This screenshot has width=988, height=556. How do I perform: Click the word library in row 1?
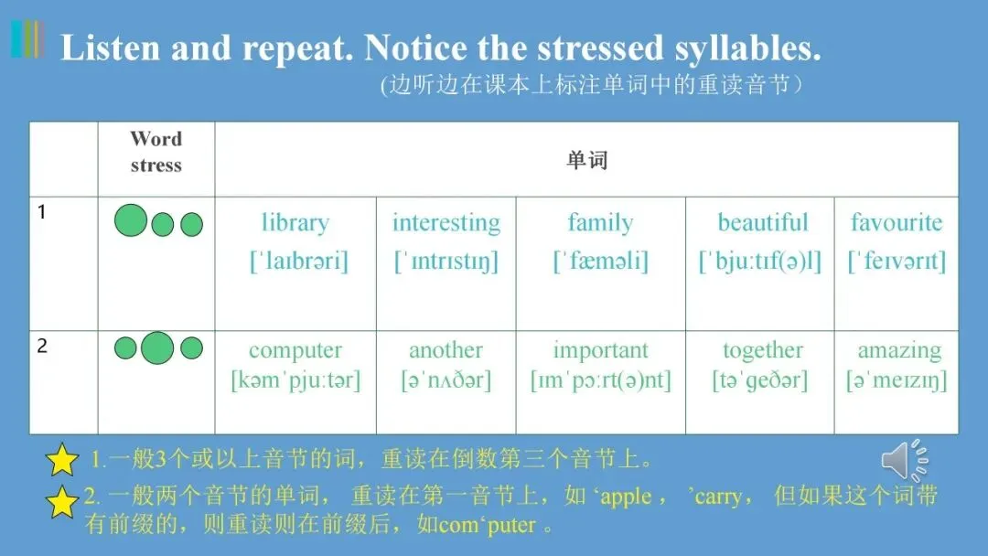point(295,223)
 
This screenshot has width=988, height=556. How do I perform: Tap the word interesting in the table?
point(446,223)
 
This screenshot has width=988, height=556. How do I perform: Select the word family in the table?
point(600,223)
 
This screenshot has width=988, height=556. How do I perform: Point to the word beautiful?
point(762,222)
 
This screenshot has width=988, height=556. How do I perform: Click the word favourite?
point(896,222)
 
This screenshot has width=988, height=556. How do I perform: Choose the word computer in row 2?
point(295,351)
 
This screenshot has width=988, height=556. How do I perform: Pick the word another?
point(446,350)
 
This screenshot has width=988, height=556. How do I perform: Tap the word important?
point(600,351)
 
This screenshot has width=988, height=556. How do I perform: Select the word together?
point(762,351)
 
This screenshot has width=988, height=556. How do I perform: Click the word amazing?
point(899,351)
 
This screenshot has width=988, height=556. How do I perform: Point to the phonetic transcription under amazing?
point(896,380)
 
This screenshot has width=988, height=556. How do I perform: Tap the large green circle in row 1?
point(131,220)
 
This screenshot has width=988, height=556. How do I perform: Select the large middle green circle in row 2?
point(157,347)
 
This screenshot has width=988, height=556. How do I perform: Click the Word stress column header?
point(156,152)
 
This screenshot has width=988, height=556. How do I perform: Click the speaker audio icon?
point(905,460)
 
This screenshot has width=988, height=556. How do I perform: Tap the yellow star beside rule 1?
point(62,460)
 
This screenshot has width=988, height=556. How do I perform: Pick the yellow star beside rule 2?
point(62,502)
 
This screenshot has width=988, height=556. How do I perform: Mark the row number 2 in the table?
point(42,346)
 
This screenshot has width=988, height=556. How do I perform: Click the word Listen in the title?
point(111,48)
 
